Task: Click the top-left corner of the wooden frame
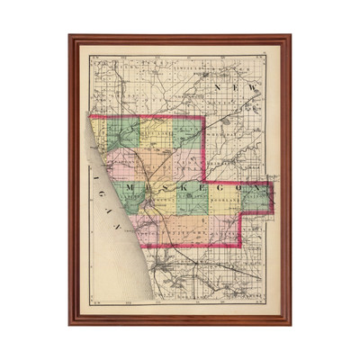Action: pos(70,36)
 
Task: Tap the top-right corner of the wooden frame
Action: pos(291,36)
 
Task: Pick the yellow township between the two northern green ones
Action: pos(156,135)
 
